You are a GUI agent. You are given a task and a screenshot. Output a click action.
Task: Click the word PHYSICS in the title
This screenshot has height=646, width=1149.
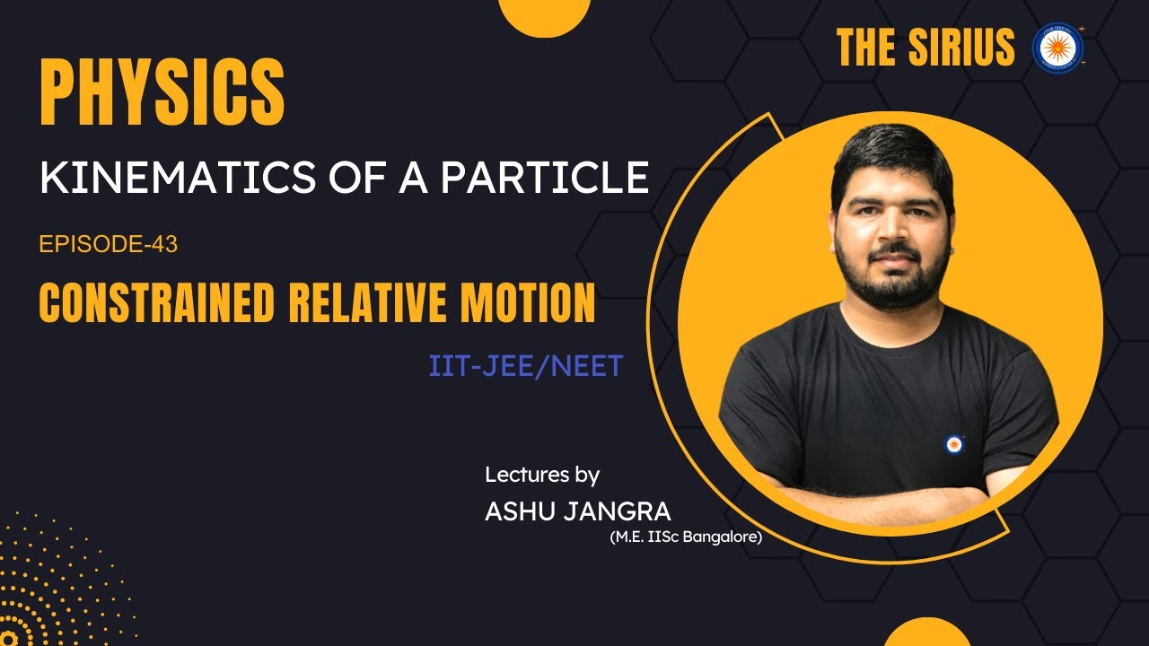162,93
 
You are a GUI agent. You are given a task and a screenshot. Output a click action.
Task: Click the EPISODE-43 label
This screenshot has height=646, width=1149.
109,244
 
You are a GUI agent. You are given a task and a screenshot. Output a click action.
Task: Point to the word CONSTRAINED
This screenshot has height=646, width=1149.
157,303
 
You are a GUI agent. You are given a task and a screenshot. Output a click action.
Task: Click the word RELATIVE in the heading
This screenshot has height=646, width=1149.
378,303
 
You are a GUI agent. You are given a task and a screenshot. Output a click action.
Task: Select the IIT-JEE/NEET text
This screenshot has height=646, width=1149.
526,367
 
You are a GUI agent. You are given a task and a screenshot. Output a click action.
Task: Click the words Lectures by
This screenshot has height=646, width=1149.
542,474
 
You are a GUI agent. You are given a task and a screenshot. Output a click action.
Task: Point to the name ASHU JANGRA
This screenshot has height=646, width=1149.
577,511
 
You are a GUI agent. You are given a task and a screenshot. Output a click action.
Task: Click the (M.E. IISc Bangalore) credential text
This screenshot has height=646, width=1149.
685,538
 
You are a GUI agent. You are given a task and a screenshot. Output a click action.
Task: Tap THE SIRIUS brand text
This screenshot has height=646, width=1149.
925,48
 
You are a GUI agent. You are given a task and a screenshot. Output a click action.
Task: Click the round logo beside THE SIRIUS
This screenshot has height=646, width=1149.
1057,48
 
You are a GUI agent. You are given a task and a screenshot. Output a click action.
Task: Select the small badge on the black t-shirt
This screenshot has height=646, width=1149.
954,443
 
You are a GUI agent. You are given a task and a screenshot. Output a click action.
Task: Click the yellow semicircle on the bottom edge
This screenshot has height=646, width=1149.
926,634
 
